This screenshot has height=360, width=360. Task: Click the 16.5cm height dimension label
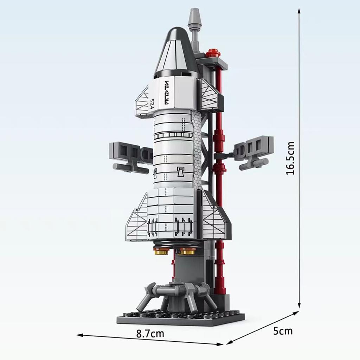coord(290,158)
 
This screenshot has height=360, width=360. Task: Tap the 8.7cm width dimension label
coord(150,333)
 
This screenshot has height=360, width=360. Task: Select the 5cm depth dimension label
coord(283,331)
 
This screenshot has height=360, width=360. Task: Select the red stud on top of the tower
coord(213,53)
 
